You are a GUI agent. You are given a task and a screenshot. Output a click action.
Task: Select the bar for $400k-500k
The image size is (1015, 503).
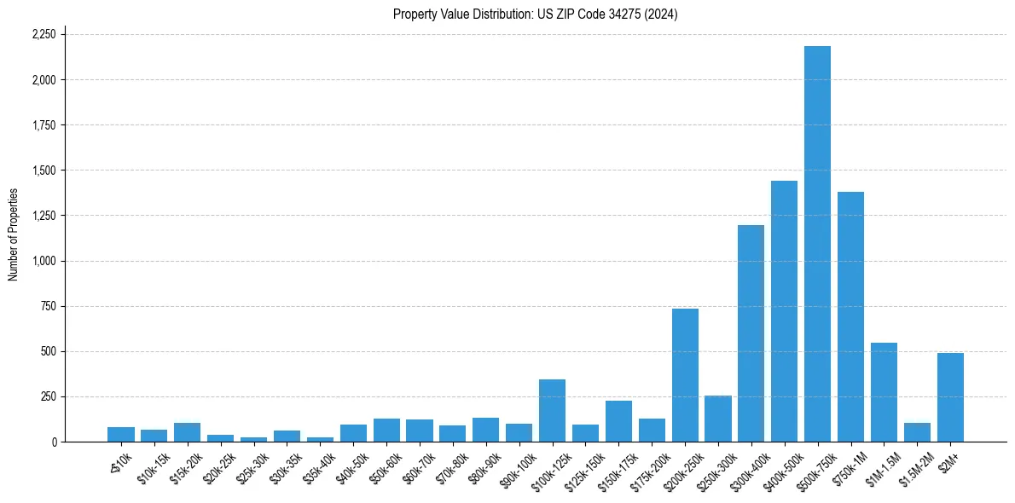pos(784,311)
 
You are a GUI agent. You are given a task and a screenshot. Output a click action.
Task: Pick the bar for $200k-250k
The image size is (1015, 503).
pos(685,375)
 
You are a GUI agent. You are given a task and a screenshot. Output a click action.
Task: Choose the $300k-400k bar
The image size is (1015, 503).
pos(751,333)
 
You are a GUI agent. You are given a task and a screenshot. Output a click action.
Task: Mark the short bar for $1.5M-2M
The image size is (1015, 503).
pos(917,432)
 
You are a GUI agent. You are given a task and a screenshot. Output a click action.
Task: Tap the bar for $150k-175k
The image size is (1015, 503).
pos(618,421)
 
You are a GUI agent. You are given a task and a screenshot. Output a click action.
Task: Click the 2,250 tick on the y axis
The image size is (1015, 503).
pos(43,34)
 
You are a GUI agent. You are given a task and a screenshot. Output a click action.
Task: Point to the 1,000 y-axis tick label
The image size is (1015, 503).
pos(43,261)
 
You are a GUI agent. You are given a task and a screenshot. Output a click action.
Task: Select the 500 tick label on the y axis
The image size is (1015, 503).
pos(49,351)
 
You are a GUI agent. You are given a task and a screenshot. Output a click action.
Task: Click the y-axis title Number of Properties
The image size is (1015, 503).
pos(14,234)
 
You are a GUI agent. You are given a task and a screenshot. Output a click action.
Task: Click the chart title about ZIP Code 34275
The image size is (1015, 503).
pos(535,14)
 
